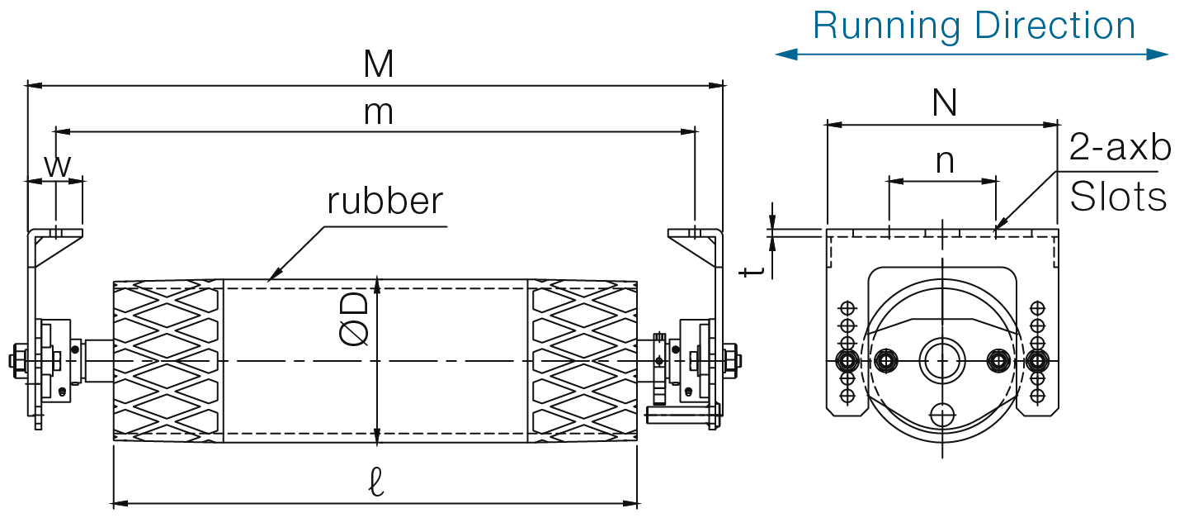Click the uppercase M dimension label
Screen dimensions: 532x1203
379,65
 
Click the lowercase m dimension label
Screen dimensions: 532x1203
379,113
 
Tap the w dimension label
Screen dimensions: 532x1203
56,166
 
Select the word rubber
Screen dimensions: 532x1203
384,201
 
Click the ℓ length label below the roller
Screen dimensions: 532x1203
376,482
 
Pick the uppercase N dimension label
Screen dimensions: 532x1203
944,103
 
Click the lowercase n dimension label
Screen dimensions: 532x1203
945,161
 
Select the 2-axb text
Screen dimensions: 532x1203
1120,149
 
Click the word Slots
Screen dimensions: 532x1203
1118,197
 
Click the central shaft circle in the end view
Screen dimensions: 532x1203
941,360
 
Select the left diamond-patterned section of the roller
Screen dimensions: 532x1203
167,361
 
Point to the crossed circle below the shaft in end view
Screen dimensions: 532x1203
941,414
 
